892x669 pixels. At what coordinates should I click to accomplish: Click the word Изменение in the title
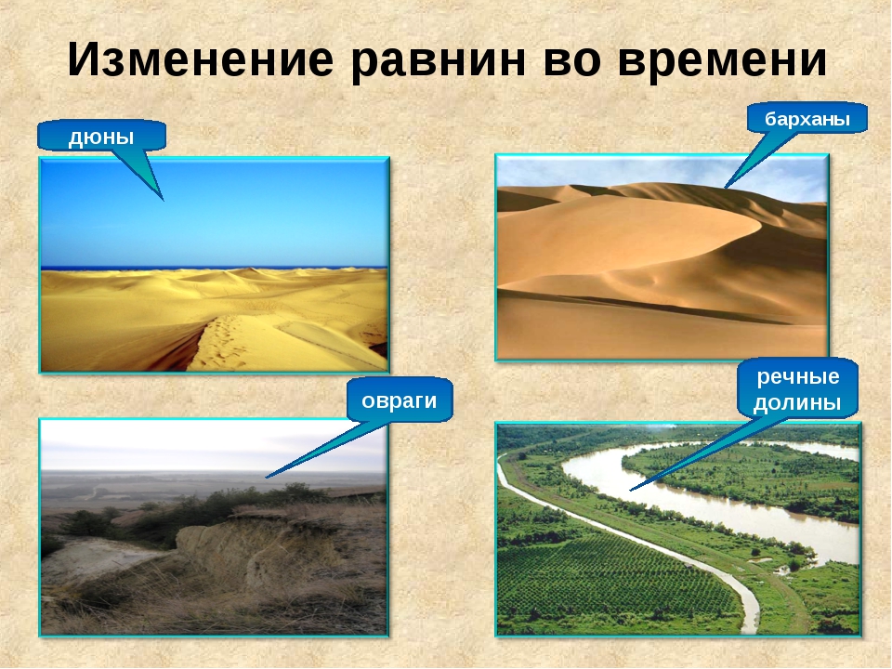[x=201, y=59]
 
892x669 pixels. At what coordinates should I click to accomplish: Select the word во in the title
[x=572, y=60]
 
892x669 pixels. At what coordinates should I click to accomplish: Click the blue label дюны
[x=101, y=137]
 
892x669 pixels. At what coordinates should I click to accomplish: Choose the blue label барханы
[x=807, y=119]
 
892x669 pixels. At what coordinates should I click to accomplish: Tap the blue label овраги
[x=400, y=400]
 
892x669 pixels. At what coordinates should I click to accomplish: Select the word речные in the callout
[x=798, y=376]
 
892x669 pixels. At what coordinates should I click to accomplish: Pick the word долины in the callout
[x=797, y=402]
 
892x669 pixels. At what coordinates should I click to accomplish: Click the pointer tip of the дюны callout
[x=164, y=201]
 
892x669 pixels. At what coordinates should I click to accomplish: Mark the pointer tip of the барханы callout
[x=724, y=188]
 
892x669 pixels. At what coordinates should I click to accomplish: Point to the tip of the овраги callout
[x=267, y=478]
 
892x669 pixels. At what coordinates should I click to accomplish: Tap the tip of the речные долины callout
[x=630, y=491]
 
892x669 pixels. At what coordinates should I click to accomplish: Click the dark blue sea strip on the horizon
[x=215, y=268]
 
